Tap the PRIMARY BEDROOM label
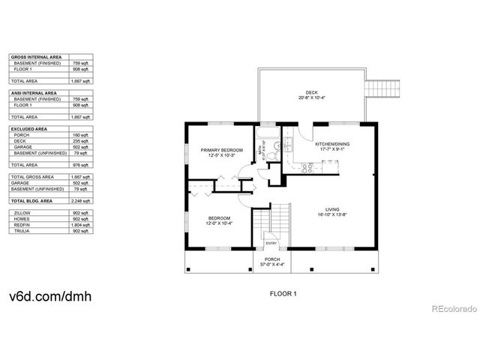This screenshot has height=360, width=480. click(x=222, y=151)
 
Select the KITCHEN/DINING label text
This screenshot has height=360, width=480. click(x=331, y=143)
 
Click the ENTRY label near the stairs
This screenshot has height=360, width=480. click(x=271, y=242)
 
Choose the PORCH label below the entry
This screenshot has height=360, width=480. click(x=271, y=258)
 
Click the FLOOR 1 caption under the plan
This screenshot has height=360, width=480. click(x=283, y=294)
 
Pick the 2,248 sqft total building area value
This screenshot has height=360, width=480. click(x=83, y=202)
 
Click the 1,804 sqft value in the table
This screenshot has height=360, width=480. click(x=82, y=224)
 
